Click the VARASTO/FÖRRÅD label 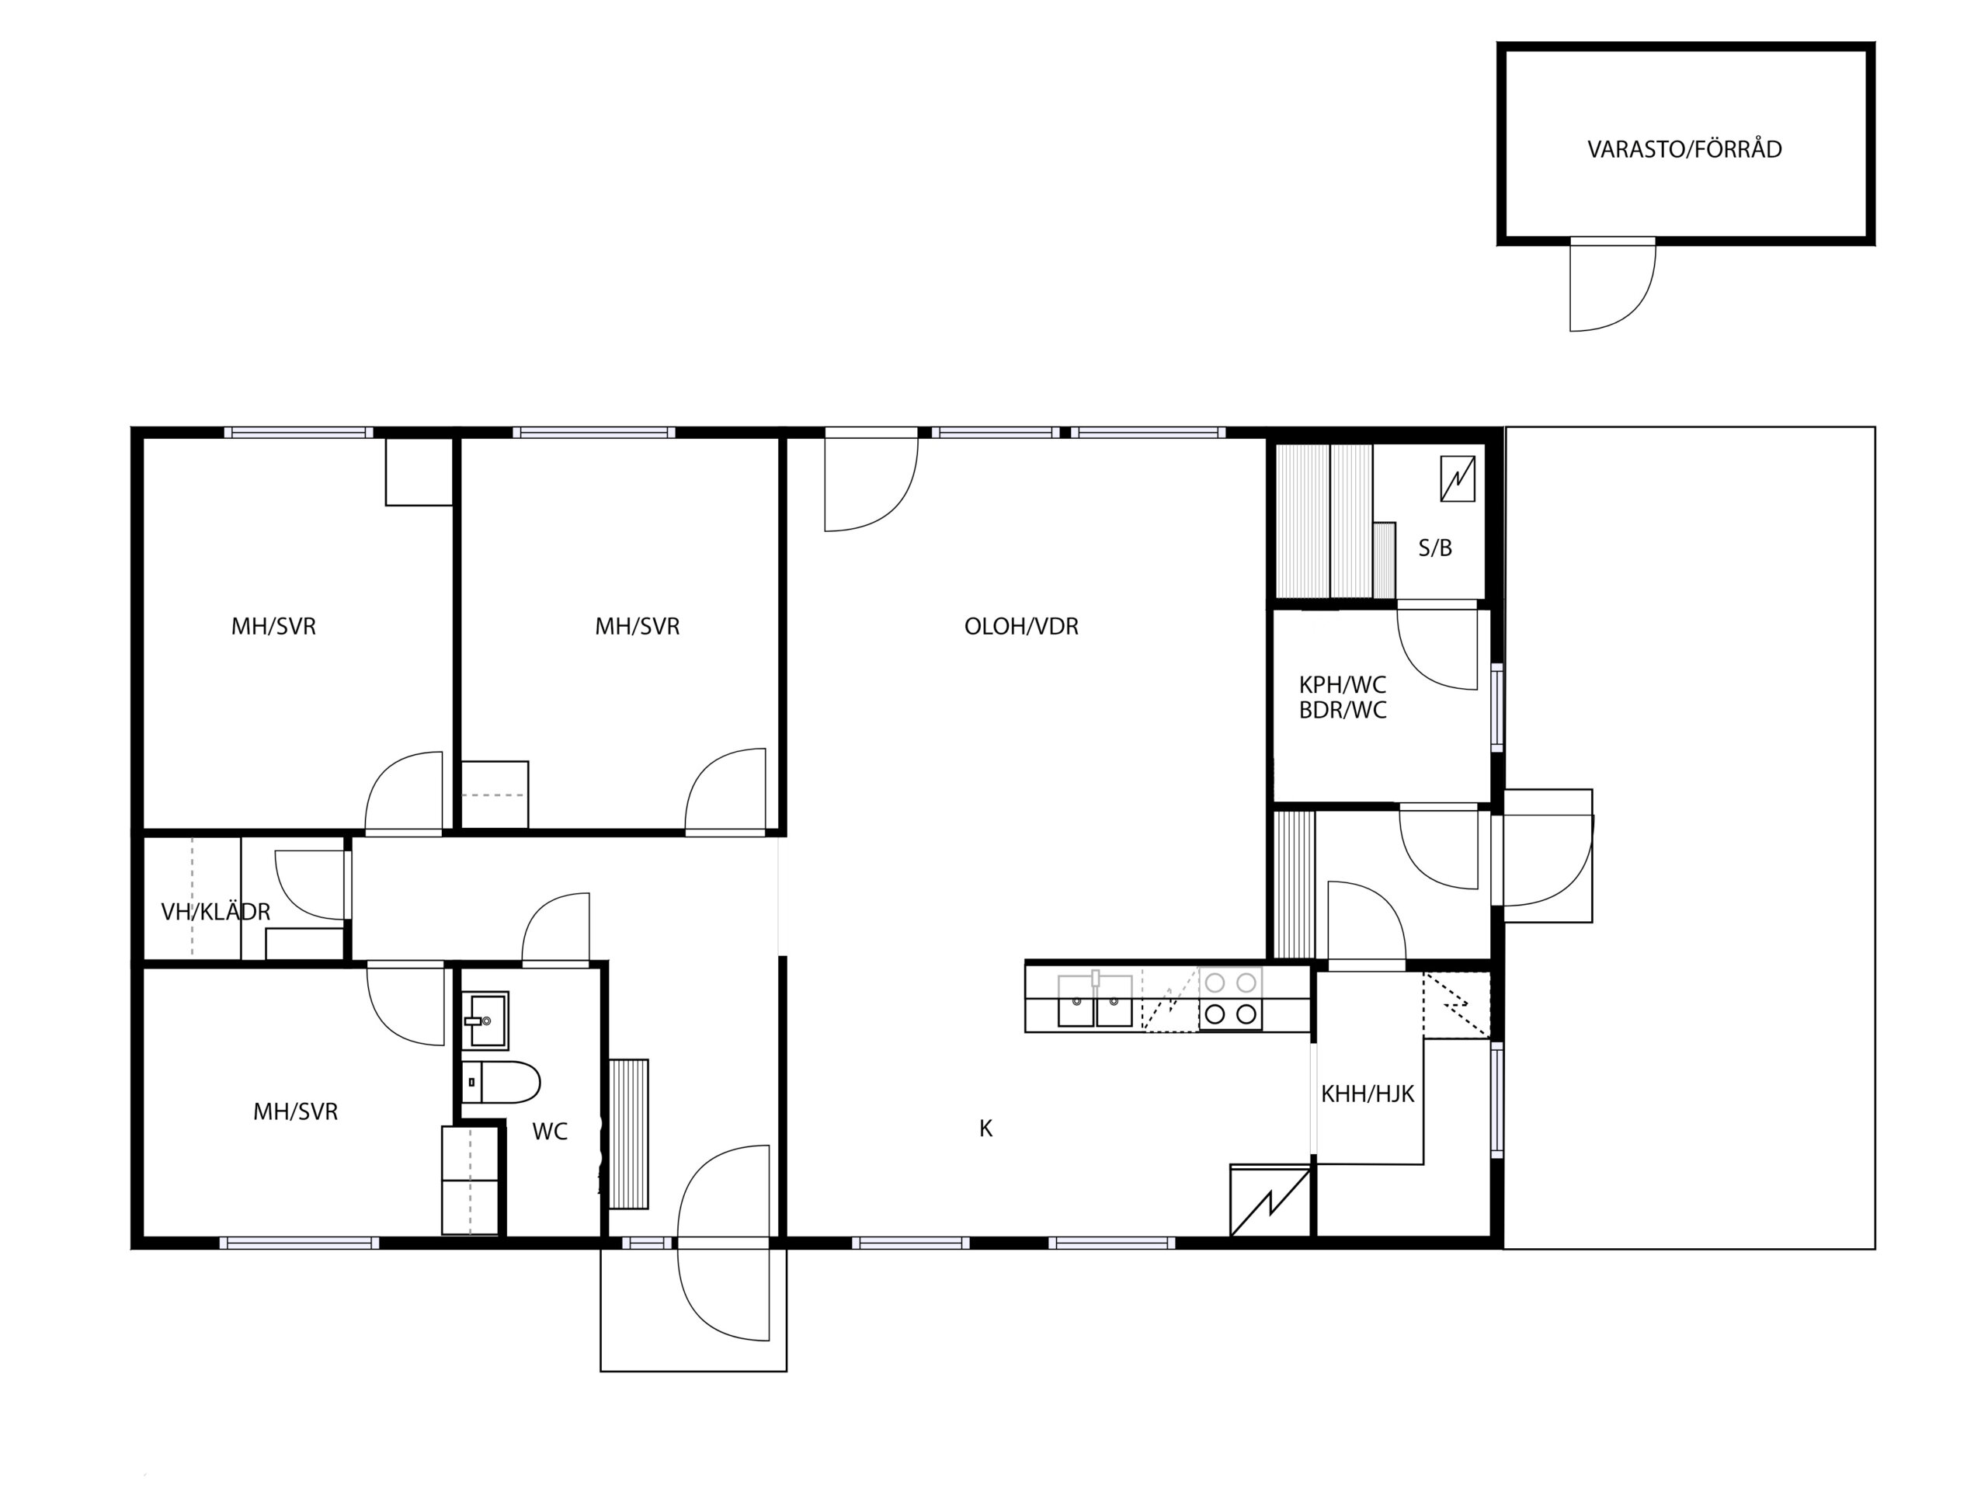point(1684,149)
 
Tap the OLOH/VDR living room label point(1021,627)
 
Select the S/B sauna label point(1435,548)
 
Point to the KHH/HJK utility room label point(1367,1094)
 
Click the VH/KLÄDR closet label point(216,913)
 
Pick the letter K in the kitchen point(986,1129)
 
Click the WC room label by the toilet point(550,1132)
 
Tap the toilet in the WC point(501,1082)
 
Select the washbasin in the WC point(486,1020)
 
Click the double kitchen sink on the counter point(1095,1000)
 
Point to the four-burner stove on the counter point(1230,999)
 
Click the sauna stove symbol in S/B point(1458,478)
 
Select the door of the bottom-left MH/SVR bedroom point(405,1006)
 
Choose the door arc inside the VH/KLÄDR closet point(310,885)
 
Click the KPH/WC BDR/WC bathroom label point(1343,697)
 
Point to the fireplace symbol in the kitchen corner point(1270,1201)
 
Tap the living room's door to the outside point(871,482)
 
